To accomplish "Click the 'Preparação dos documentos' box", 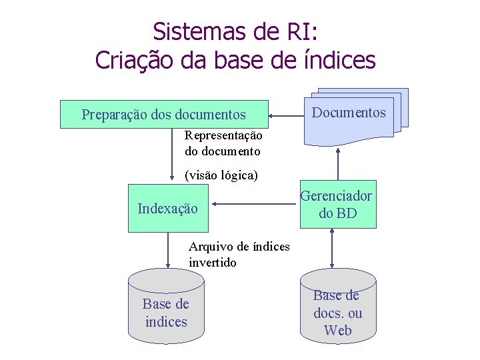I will click(x=164, y=115).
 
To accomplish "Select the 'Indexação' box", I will click(x=167, y=208).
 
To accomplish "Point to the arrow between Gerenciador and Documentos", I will click(x=338, y=163).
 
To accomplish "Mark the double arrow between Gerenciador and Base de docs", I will click(x=332, y=249).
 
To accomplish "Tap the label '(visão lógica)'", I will click(x=221, y=176).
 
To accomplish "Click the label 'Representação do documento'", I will click(x=223, y=143).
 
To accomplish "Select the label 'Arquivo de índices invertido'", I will click(x=239, y=255).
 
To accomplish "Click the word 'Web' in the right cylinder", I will click(x=338, y=330).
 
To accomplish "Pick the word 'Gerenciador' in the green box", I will click(x=336, y=195).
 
